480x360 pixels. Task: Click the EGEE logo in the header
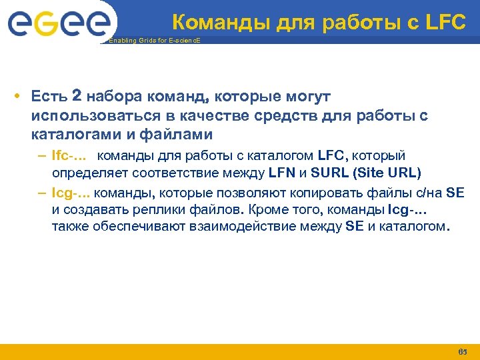click(x=58, y=23)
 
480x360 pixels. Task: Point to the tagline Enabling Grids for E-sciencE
click(x=153, y=41)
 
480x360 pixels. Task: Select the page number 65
click(x=463, y=351)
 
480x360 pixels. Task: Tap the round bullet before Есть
click(x=15, y=97)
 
